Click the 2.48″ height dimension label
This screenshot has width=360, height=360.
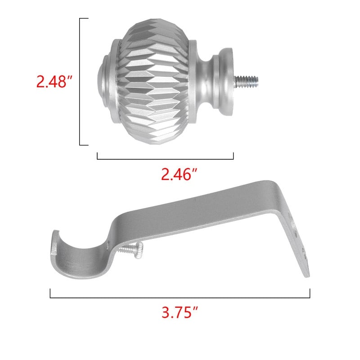pyautogui.click(x=54, y=81)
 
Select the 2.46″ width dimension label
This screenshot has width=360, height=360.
pyautogui.click(x=179, y=175)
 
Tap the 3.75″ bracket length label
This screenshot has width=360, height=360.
pyautogui.click(x=180, y=312)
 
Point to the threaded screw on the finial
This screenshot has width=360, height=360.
pyautogui.click(x=246, y=81)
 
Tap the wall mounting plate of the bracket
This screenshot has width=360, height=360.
pyautogui.click(x=294, y=241)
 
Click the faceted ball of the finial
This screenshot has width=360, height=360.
pyautogui.click(x=154, y=81)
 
